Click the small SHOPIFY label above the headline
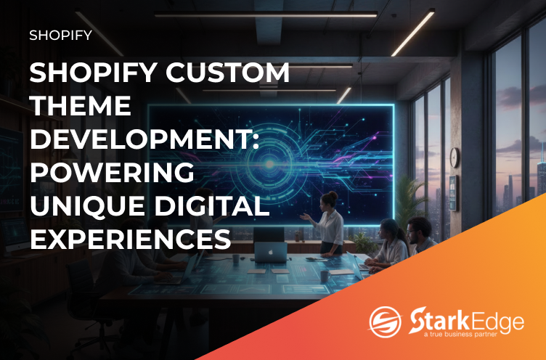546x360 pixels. [x=60, y=35]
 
